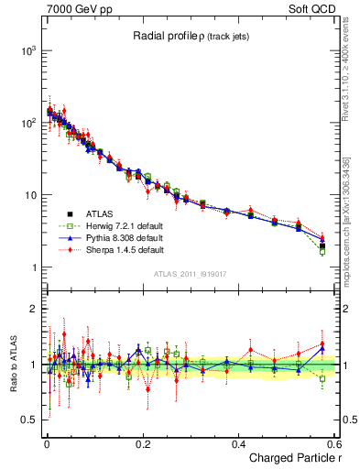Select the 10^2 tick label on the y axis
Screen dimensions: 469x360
click(27, 123)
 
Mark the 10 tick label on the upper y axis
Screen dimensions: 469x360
click(30, 195)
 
